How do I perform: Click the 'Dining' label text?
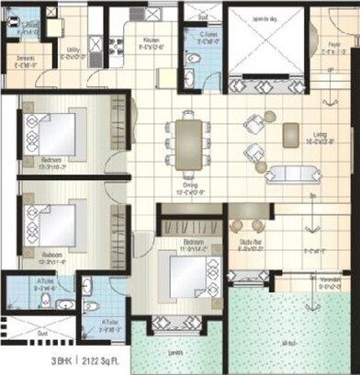[187, 187]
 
